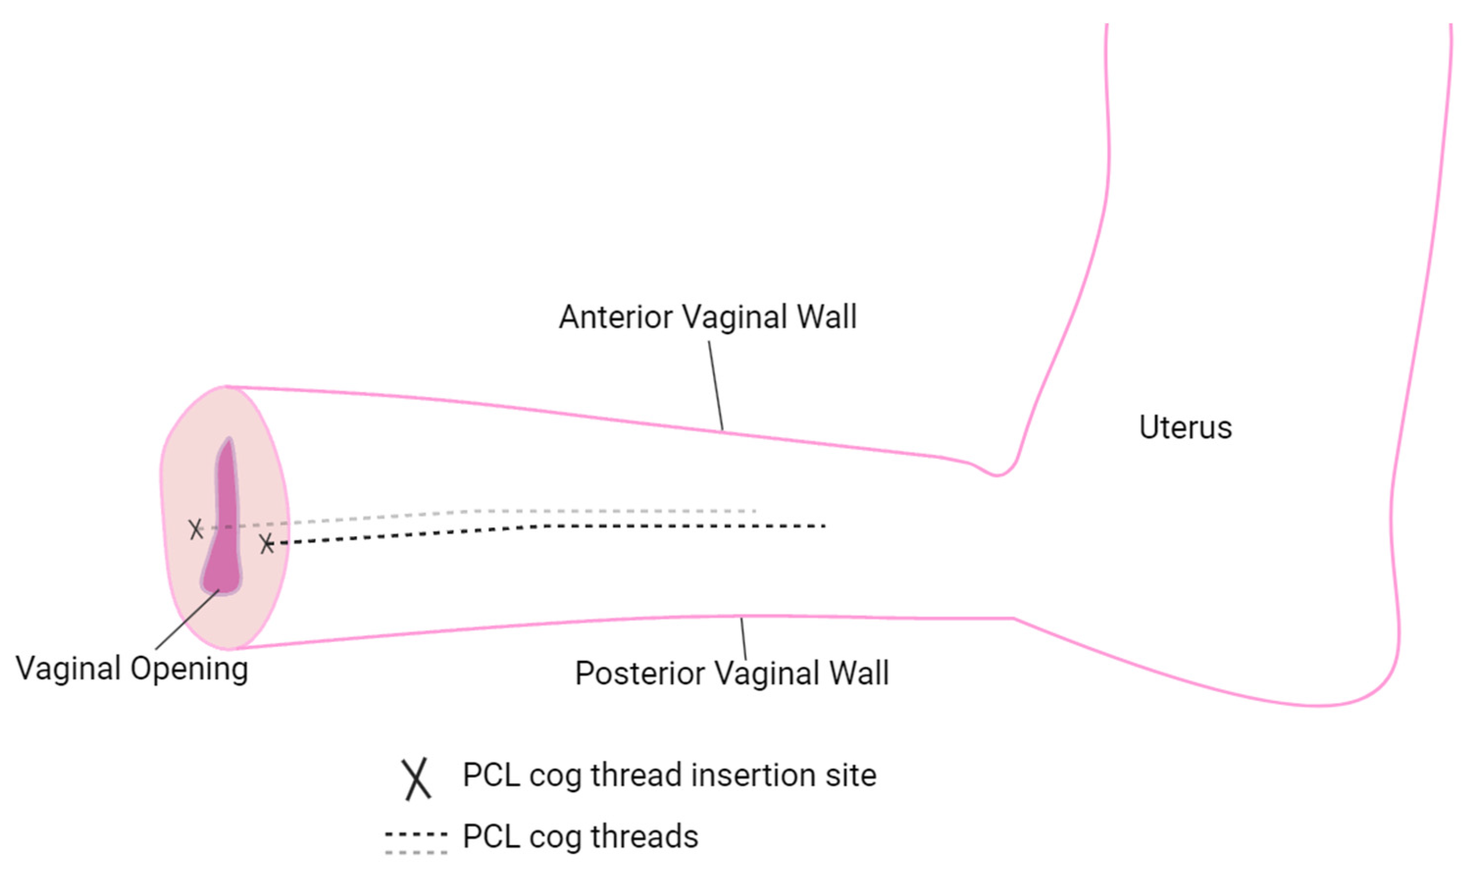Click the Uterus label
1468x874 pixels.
click(x=1185, y=427)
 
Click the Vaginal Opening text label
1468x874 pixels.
click(x=132, y=669)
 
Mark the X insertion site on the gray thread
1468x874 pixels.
click(x=196, y=529)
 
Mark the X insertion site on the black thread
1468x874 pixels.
click(x=267, y=544)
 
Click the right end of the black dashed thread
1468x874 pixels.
click(x=823, y=525)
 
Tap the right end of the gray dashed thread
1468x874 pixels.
click(x=754, y=511)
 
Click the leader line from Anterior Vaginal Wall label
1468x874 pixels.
click(x=716, y=386)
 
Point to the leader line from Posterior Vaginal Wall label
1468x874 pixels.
click(x=743, y=639)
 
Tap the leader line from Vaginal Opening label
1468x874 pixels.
click(x=187, y=620)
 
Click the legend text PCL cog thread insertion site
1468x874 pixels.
click(x=669, y=775)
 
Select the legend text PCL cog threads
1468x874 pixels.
click(x=580, y=836)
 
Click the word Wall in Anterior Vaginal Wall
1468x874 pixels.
click(x=826, y=318)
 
